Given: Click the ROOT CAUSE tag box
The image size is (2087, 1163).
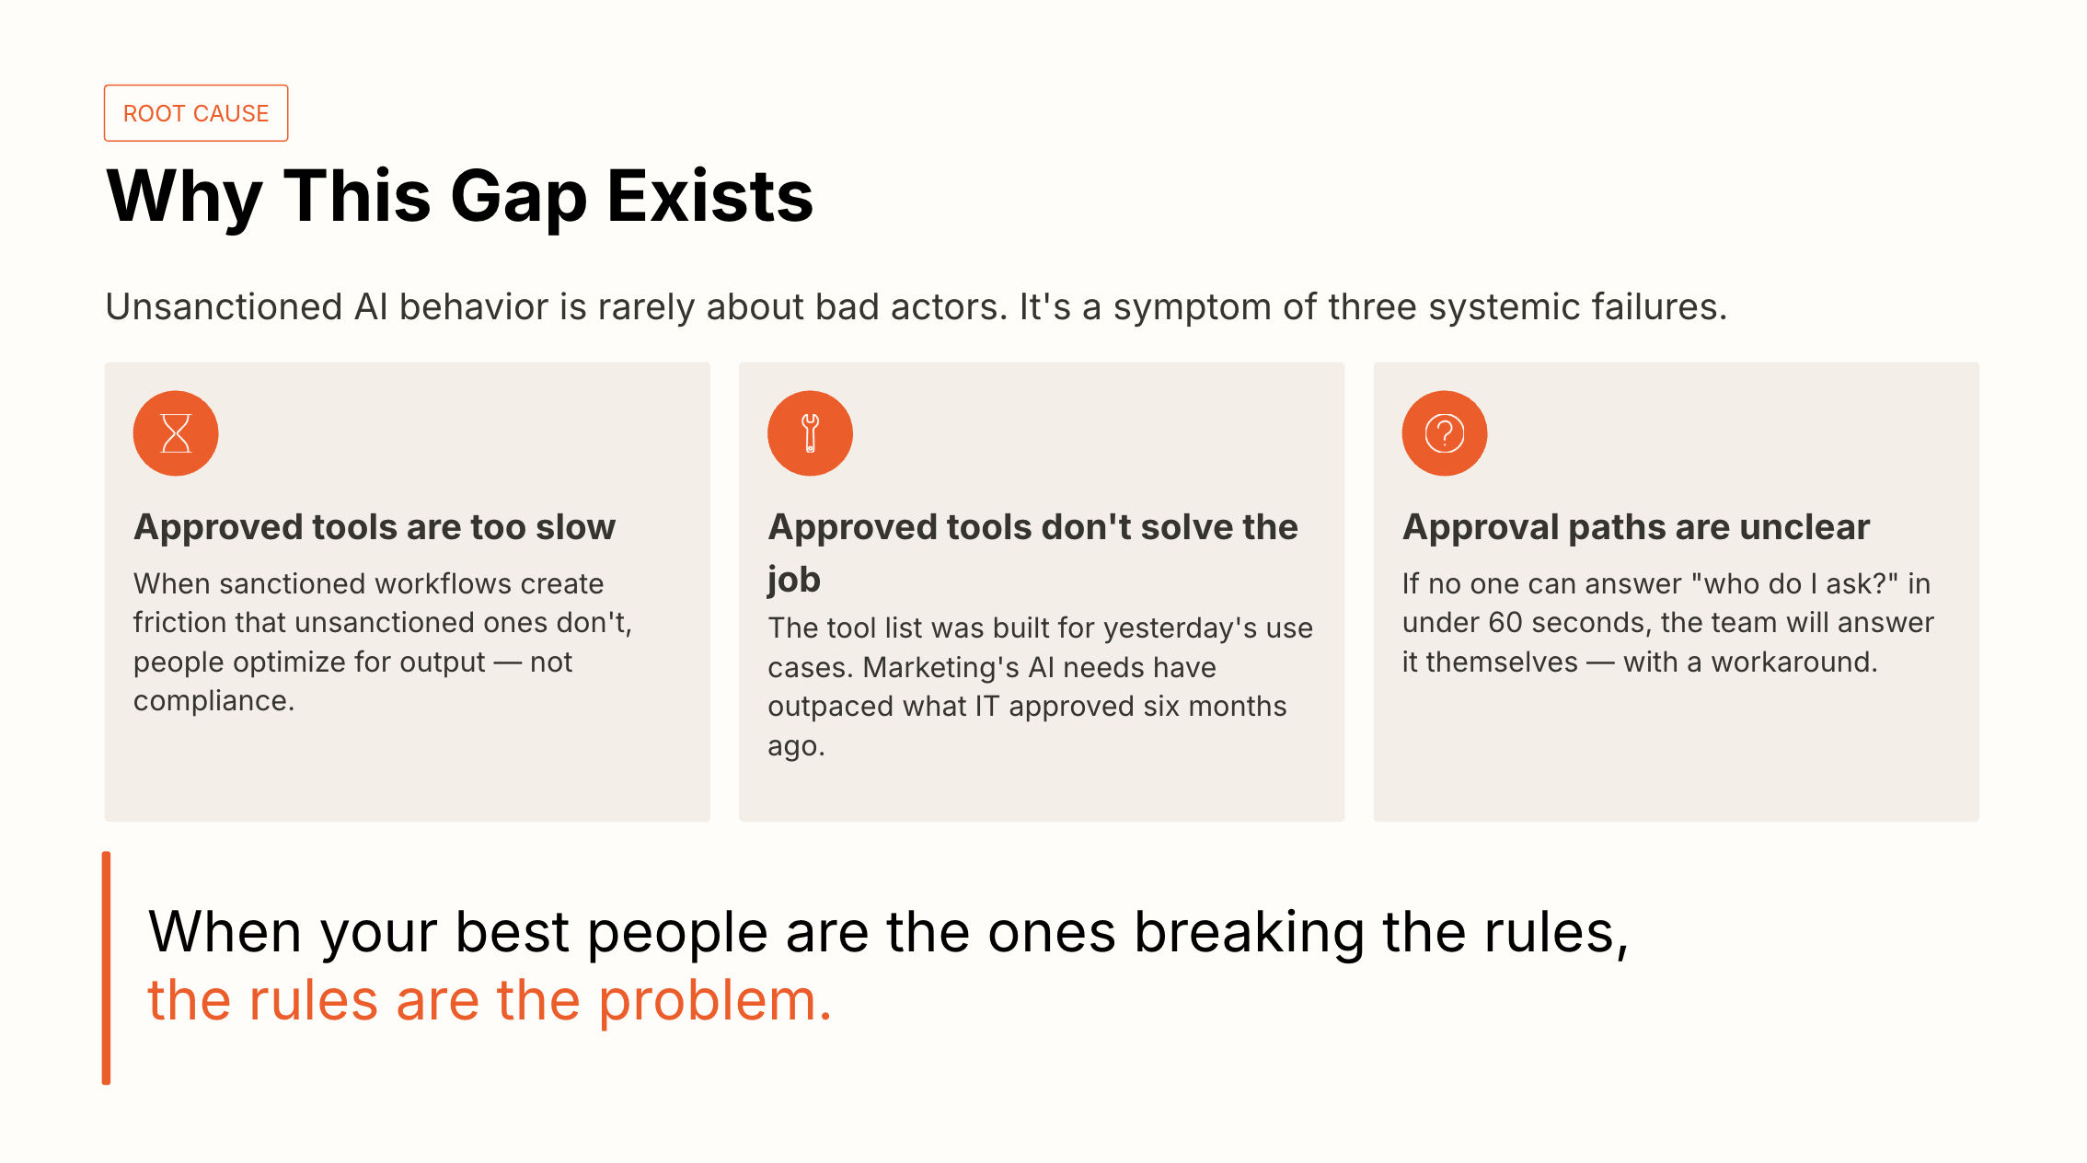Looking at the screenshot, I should (196, 113).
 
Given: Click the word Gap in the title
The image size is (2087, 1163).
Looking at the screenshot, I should (518, 198).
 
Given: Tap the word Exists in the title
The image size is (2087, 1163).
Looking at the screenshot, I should (709, 196).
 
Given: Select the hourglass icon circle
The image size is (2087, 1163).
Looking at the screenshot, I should (176, 433).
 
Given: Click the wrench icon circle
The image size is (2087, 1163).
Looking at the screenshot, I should (810, 433).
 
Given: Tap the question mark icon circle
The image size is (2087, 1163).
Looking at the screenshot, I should (1444, 433).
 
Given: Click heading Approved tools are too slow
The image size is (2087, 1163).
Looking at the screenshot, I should (375, 527).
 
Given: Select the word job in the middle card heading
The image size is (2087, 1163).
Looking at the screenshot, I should (794, 581).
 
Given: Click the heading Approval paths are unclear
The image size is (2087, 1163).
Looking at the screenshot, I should (1635, 527).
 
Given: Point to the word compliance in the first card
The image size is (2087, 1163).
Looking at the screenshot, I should (213, 701).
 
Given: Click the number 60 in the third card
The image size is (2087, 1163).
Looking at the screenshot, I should (1505, 623).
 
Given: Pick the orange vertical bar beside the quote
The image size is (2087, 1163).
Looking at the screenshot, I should (107, 968).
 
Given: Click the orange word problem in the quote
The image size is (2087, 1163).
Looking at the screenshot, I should (714, 1001).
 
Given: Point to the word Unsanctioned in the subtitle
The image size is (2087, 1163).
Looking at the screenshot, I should (224, 307).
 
